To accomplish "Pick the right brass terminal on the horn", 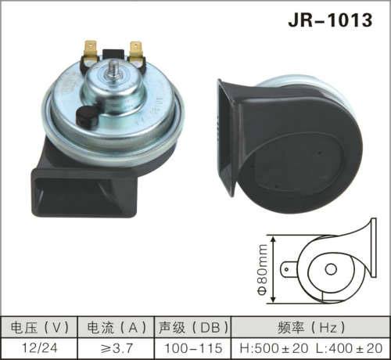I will pos(138,52).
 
